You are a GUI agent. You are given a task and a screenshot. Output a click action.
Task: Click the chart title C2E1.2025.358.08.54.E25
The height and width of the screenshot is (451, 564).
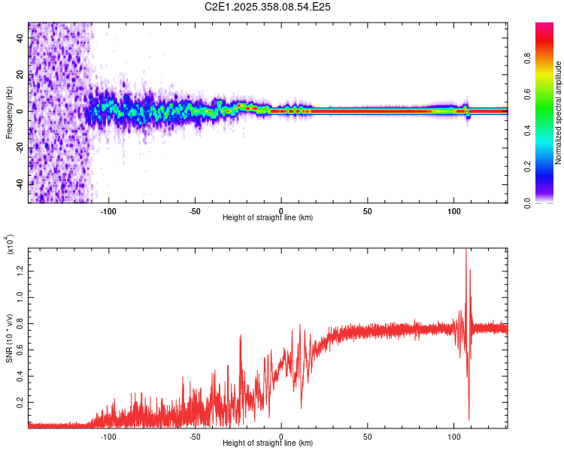pyautogui.click(x=268, y=7)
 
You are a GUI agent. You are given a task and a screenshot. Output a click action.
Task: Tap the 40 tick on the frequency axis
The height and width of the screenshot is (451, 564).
pyautogui.click(x=20, y=38)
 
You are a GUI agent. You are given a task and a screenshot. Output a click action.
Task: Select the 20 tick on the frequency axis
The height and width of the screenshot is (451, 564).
pyautogui.click(x=20, y=74)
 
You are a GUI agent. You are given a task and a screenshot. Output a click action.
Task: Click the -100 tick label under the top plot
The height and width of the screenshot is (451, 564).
pyautogui.click(x=108, y=210)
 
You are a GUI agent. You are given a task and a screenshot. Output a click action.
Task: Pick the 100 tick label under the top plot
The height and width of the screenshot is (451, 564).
pyautogui.click(x=453, y=210)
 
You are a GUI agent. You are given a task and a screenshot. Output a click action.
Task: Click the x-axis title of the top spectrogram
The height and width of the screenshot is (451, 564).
pyautogui.click(x=268, y=218)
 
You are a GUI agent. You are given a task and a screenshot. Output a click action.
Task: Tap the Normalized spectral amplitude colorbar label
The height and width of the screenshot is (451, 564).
pyautogui.click(x=558, y=113)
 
